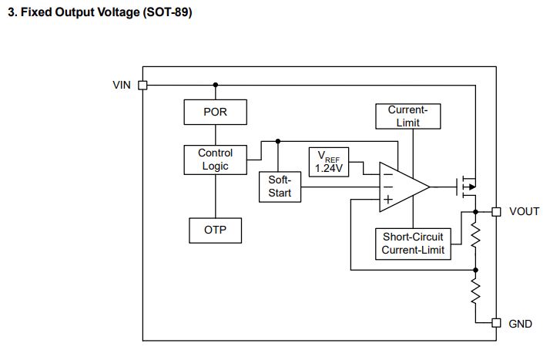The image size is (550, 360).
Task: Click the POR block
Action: tap(215, 112)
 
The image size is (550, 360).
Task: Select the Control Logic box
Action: tap(215, 160)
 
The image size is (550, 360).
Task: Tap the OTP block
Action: tap(215, 230)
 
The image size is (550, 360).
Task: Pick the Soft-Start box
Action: tap(280, 187)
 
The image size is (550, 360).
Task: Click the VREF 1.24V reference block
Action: tap(329, 162)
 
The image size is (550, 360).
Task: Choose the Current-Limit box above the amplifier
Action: tap(408, 116)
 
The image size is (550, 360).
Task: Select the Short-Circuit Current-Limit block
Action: tap(413, 244)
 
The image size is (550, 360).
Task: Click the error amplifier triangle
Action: tap(404, 187)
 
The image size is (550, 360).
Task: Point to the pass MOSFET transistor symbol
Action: tap(467, 187)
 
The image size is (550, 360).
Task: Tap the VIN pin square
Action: tap(143, 86)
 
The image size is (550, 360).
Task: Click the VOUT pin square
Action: tap(496, 212)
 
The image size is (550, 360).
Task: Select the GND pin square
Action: tap(496, 323)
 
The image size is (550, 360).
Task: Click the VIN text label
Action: tap(122, 85)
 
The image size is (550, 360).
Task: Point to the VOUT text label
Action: tap(524, 211)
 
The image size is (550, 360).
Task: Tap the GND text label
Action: tap(520, 324)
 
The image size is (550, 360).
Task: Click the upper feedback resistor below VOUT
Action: tap(475, 235)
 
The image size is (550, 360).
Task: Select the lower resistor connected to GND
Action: tap(475, 291)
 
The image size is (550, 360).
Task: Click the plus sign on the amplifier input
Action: tap(388, 200)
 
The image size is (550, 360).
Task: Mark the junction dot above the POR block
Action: tap(216, 85)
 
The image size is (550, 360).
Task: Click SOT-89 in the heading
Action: tap(167, 12)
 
